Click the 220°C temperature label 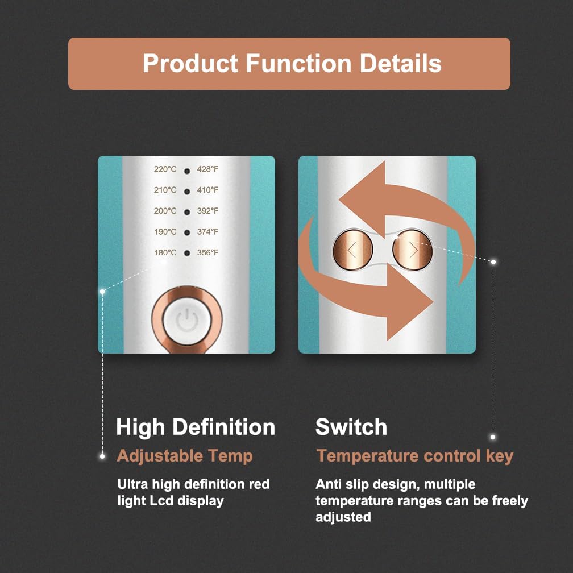(x=165, y=169)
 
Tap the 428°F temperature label (x=207, y=169)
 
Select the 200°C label (x=165, y=211)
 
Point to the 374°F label (x=207, y=232)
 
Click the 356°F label (x=207, y=252)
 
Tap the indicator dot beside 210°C (x=186, y=190)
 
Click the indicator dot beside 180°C (x=186, y=253)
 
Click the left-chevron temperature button (x=352, y=249)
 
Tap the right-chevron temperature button (x=413, y=249)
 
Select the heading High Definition (x=196, y=427)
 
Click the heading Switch (x=351, y=427)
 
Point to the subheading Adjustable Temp (x=185, y=455)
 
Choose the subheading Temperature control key (x=415, y=455)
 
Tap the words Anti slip (x=340, y=485)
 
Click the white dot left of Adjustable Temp (x=102, y=456)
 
